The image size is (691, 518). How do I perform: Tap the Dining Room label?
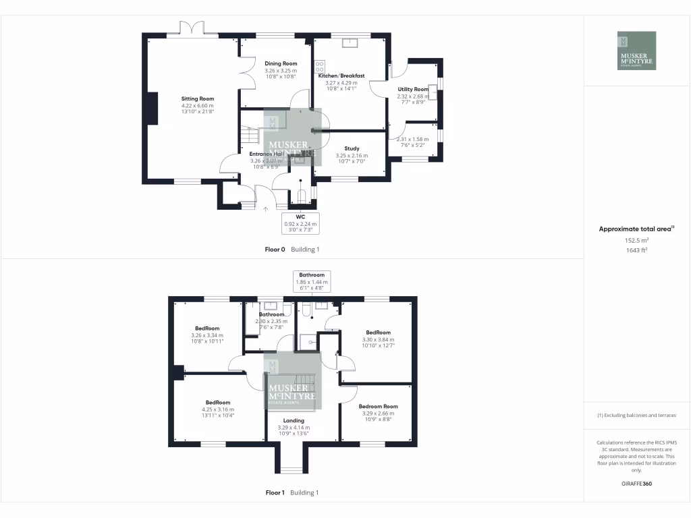click(x=281, y=63)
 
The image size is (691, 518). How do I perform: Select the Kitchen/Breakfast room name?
click(x=341, y=76)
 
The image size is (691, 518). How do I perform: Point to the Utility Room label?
click(x=413, y=89)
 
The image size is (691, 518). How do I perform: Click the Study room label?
click(x=352, y=148)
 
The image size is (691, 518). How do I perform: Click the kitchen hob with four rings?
click(x=320, y=67)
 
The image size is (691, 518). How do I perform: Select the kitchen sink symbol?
click(x=351, y=44)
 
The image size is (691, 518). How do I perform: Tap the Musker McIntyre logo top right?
click(x=636, y=51)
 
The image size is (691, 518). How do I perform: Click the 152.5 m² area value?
click(x=636, y=240)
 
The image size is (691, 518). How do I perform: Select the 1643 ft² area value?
click(x=636, y=250)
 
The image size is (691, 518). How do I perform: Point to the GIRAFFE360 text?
click(x=636, y=484)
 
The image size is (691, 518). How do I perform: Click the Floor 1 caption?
click(x=275, y=493)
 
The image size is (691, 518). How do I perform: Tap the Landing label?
click(x=294, y=420)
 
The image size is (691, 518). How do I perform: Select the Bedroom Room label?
click(x=378, y=407)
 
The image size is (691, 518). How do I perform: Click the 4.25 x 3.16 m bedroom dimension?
click(x=218, y=409)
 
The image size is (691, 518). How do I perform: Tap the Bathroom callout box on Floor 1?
click(x=312, y=280)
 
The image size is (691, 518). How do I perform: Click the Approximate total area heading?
click(x=636, y=229)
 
